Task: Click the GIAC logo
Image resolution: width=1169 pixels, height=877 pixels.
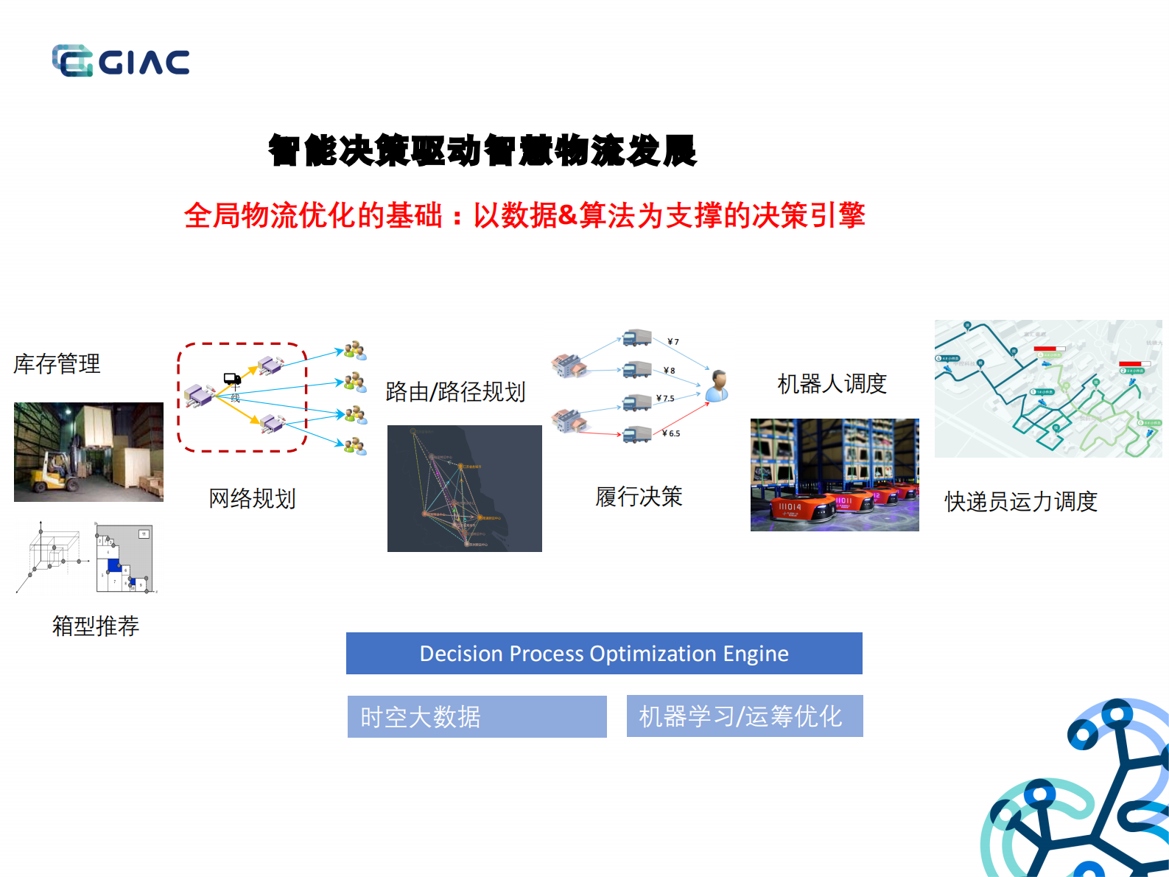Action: [x=121, y=61]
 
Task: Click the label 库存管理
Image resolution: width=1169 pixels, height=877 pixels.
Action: [x=57, y=363]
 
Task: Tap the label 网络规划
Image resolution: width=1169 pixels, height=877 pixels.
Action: [x=252, y=498]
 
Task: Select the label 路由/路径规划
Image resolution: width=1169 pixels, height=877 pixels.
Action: [x=455, y=391]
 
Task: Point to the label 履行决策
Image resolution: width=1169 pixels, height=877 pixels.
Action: [x=639, y=497]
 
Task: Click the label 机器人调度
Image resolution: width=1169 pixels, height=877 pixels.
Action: [x=832, y=383]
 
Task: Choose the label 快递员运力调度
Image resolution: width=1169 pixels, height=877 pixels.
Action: [x=1021, y=501]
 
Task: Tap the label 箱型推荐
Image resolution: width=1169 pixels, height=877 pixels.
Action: [x=95, y=626]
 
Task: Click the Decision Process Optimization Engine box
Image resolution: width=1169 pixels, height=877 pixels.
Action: [x=604, y=654]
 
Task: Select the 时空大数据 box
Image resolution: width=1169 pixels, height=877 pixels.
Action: [x=477, y=716]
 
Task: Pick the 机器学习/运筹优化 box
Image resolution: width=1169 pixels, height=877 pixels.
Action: [x=744, y=716]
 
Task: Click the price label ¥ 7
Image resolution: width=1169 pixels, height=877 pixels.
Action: [x=673, y=342]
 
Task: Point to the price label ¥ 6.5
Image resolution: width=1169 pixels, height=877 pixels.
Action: [x=671, y=433]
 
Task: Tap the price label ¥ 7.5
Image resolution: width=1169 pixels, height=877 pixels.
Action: [x=665, y=399]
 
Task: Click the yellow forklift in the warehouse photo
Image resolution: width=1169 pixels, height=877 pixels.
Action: [x=55, y=473]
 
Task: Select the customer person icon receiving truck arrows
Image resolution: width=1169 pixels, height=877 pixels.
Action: [x=717, y=385]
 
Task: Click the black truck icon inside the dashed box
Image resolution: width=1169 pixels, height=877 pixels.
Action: [x=232, y=379]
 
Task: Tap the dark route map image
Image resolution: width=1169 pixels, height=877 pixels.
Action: [x=464, y=488]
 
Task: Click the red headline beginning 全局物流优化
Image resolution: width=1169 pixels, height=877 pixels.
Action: [x=524, y=215]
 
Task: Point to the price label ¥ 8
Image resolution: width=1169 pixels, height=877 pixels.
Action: [x=669, y=371]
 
